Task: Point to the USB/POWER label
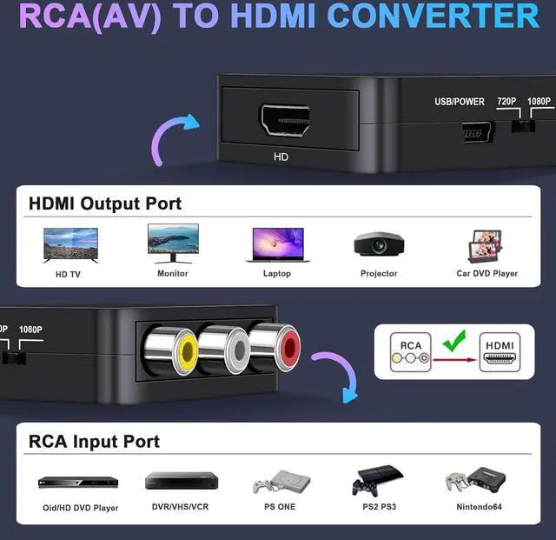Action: pos(460,102)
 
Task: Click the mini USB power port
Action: pos(478,131)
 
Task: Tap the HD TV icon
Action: pos(70,244)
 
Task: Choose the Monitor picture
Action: pos(173,243)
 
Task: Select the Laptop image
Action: pos(277,244)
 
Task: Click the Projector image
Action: pos(379,244)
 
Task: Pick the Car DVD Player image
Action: pos(486,246)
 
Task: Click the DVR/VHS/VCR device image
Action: pos(181,480)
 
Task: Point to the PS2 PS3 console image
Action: pos(377,480)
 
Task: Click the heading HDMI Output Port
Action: pos(105,203)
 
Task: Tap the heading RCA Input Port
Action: pos(95,441)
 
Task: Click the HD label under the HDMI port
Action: pos(281,157)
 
